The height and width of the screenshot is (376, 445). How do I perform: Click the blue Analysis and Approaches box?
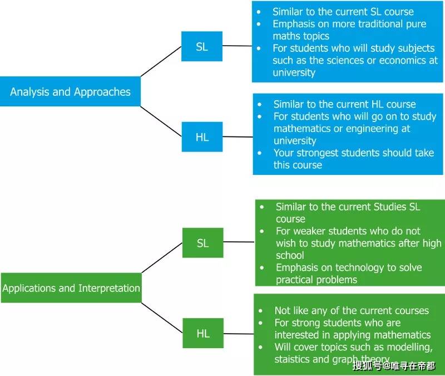pyautogui.click(x=70, y=91)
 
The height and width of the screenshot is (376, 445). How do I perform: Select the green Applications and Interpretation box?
pyautogui.click(x=71, y=287)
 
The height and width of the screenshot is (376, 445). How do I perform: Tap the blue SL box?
pyautogui.click(x=202, y=46)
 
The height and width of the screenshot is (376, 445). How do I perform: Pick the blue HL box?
pyautogui.click(x=202, y=136)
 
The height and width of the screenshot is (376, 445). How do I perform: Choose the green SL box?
pyautogui.click(x=202, y=243)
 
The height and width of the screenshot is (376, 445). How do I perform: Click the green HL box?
pyautogui.click(x=203, y=333)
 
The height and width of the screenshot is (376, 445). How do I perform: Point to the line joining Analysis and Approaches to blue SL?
pyautogui.click(x=161, y=61)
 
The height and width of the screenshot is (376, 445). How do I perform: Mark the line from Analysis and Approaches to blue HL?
pyautogui.click(x=161, y=121)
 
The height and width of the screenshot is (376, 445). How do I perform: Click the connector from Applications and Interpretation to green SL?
pyautogui.click(x=162, y=258)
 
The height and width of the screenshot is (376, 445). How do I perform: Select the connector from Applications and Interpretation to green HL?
pyautogui.click(x=162, y=318)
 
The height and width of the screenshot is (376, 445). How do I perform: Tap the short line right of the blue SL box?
pyautogui.click(x=238, y=46)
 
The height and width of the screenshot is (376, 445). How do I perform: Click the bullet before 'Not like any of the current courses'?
pyautogui.click(x=260, y=311)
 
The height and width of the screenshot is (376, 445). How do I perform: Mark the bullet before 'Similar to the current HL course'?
pyautogui.click(x=259, y=105)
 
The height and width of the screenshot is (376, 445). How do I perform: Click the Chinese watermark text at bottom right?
pyautogui.click(x=394, y=365)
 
